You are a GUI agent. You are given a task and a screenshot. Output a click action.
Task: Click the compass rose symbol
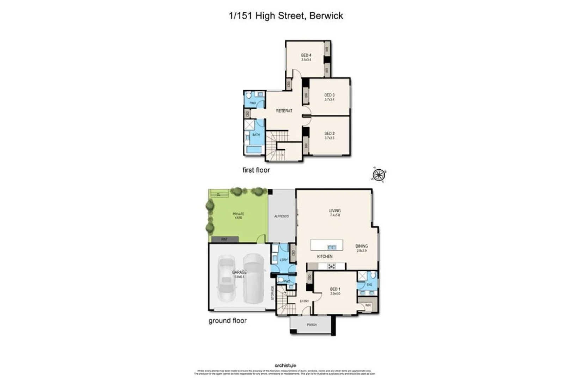coord(379,175)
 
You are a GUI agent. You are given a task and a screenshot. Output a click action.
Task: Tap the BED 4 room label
coord(306,55)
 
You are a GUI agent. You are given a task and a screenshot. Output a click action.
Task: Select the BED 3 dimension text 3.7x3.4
coord(329,99)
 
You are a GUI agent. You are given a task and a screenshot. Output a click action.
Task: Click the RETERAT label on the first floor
coord(284,111)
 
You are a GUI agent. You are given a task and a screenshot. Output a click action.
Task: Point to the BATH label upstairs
coord(256,135)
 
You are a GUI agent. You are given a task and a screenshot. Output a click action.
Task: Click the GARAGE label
coord(239,272)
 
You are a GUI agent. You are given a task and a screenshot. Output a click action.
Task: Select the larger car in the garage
coord(253,278)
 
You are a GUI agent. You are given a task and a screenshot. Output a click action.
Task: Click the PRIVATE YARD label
coord(238,216)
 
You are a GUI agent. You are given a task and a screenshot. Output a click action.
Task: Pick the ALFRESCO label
coord(282,216)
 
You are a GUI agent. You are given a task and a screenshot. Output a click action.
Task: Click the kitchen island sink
coord(332,247)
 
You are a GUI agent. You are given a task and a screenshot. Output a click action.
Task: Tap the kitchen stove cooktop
coord(331,266)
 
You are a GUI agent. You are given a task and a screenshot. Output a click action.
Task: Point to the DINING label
coord(362,246)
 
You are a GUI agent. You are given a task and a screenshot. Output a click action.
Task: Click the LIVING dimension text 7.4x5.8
coord(335,215)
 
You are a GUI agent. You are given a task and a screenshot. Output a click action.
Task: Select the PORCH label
coord(312,325)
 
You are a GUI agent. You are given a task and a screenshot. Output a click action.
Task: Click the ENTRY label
coord(304,301)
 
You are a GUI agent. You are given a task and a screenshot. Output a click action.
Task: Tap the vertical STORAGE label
coord(272,293)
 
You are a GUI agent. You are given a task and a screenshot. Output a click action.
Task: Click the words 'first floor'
coord(256,170)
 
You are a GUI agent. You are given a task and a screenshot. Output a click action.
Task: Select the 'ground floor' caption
coord(227,321)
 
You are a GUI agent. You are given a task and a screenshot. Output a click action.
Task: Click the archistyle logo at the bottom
coord(285,365)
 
